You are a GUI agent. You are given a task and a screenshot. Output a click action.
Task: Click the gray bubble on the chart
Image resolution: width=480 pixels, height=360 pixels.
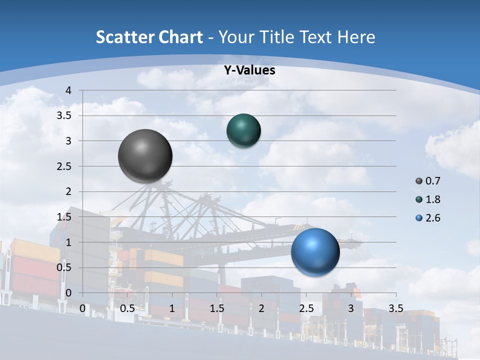click(145, 155)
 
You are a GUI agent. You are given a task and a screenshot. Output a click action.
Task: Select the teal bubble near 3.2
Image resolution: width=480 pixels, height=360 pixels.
click(243, 130)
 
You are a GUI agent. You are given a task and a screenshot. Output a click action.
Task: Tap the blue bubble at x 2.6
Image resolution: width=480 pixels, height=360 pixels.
click(315, 252)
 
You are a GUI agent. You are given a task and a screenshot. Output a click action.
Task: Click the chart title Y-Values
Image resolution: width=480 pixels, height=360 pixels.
click(249, 70)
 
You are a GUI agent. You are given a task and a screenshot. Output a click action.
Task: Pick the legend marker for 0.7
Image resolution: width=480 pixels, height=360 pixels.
click(419, 181)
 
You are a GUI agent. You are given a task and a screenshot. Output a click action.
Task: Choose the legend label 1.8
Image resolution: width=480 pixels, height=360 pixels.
click(432, 199)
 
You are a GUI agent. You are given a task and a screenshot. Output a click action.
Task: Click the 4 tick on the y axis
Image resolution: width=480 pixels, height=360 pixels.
click(69, 90)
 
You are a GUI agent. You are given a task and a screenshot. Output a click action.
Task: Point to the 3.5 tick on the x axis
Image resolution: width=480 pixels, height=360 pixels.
click(395, 308)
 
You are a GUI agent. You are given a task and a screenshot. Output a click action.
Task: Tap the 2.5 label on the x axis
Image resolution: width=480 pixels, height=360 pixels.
click(306, 308)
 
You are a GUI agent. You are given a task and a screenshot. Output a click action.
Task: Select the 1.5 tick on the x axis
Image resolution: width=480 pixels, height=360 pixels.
click(216, 308)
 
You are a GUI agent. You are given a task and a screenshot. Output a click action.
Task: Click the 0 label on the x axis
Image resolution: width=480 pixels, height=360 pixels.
click(82, 308)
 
